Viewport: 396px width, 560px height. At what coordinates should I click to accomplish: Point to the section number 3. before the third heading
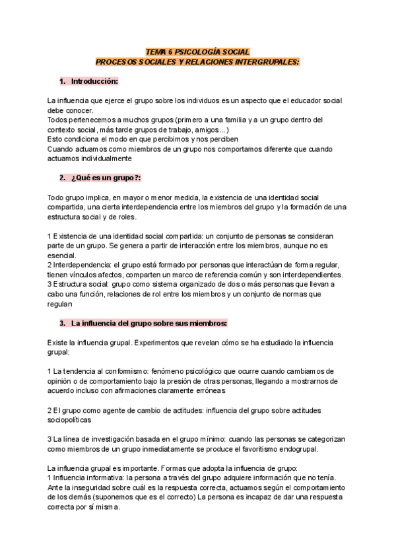[62, 324]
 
